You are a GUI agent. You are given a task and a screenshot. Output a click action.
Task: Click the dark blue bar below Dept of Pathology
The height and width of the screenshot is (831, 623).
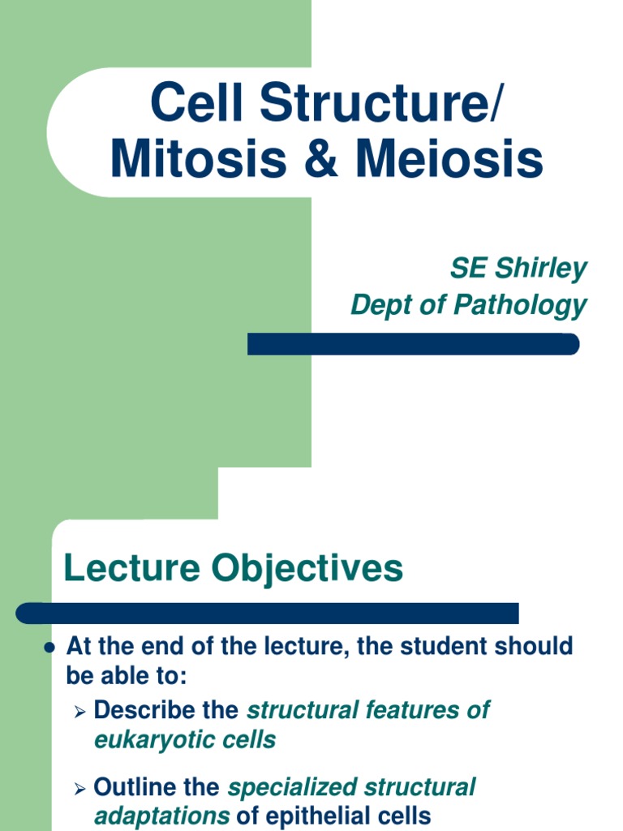point(413,344)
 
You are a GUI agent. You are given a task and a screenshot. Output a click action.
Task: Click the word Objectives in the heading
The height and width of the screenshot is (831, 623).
point(307,568)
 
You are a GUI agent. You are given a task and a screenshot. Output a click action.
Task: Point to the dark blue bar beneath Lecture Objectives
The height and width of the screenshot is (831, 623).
point(268,614)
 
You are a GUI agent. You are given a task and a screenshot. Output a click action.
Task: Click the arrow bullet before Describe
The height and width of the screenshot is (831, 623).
point(79,712)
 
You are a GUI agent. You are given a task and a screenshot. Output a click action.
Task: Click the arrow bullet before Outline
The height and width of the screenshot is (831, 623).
point(79,789)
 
